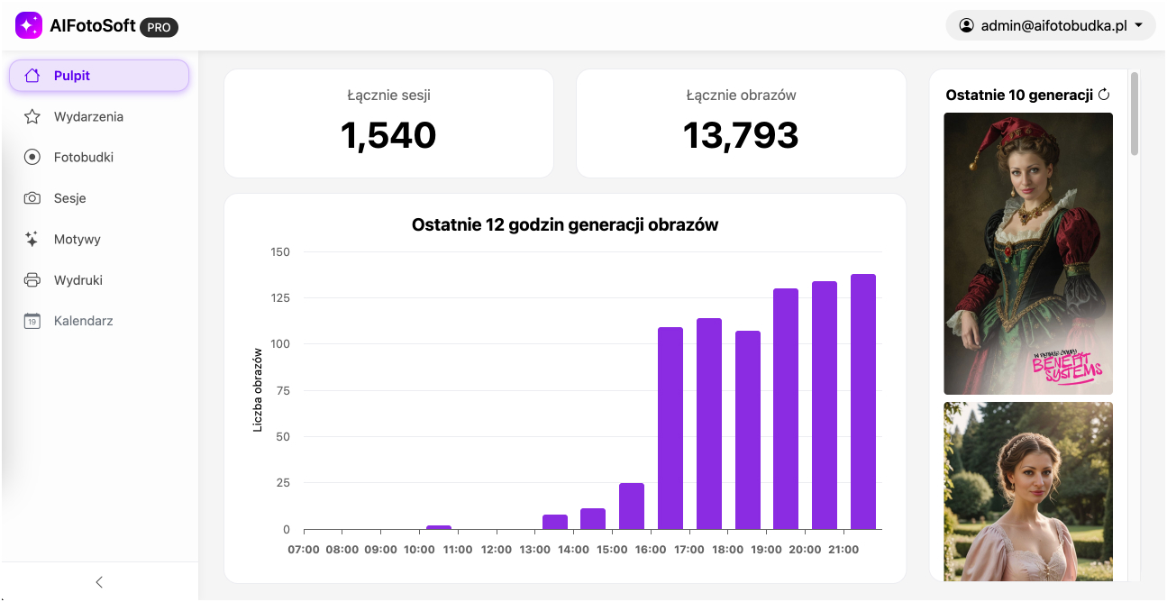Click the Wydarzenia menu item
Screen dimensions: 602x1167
pos(88,116)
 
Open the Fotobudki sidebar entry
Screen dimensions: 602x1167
pos(83,157)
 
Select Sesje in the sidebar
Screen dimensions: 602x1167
pos(69,198)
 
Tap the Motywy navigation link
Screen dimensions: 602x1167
pos(77,239)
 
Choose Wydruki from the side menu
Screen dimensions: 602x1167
pos(77,280)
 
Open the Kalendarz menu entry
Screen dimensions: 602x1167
pos(83,321)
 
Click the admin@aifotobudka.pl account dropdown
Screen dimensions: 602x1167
pos(1051,26)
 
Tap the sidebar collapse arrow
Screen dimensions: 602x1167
pos(99,582)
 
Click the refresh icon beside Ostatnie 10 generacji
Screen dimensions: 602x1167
pos(1104,95)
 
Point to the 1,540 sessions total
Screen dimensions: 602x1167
pos(388,136)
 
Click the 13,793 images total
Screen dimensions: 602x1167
pos(741,136)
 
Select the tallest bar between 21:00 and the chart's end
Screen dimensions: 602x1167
pos(863,401)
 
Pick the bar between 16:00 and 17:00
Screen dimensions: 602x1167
pos(670,428)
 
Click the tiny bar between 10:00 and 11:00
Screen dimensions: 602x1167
pos(439,527)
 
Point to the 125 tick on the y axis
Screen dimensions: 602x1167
pos(279,298)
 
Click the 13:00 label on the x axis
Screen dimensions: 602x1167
pos(534,549)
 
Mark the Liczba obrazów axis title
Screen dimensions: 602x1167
pos(258,389)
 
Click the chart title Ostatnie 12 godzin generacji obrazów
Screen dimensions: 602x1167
pos(565,225)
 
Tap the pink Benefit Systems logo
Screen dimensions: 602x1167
pos(1067,367)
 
